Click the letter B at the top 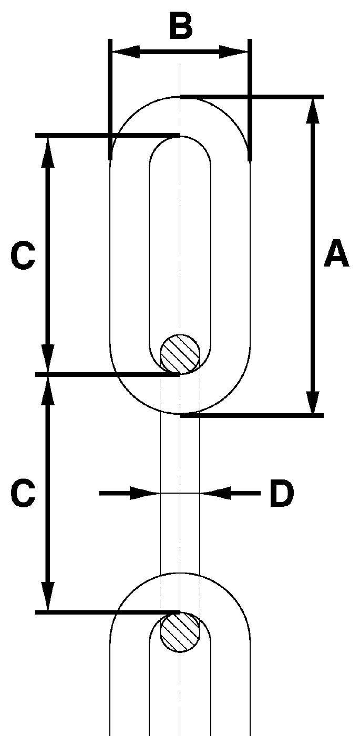tap(181, 25)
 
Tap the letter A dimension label tap(336, 253)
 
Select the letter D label tap(282, 493)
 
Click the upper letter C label tap(23, 255)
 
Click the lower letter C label tap(23, 493)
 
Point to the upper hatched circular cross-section tap(180, 354)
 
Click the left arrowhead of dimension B tap(126, 52)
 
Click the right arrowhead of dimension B tap(233, 52)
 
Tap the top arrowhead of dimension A tap(312, 110)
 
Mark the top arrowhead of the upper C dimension tap(48, 151)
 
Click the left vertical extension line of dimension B tap(110, 100)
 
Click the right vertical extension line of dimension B tap(250, 100)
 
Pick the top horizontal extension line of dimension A tap(252, 97)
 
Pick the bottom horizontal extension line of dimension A tap(252, 416)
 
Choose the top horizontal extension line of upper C tap(108, 136)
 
